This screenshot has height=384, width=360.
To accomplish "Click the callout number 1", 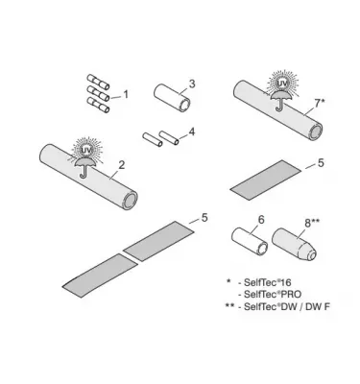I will [125, 94].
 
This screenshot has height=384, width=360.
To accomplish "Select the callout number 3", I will [192, 84].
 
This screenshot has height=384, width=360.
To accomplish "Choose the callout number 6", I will [259, 220].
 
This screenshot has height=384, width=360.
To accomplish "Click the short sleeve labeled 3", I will [170, 98].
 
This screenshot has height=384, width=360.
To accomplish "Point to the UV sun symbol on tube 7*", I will [282, 84].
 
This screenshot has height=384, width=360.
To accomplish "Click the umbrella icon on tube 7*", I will [282, 101].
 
